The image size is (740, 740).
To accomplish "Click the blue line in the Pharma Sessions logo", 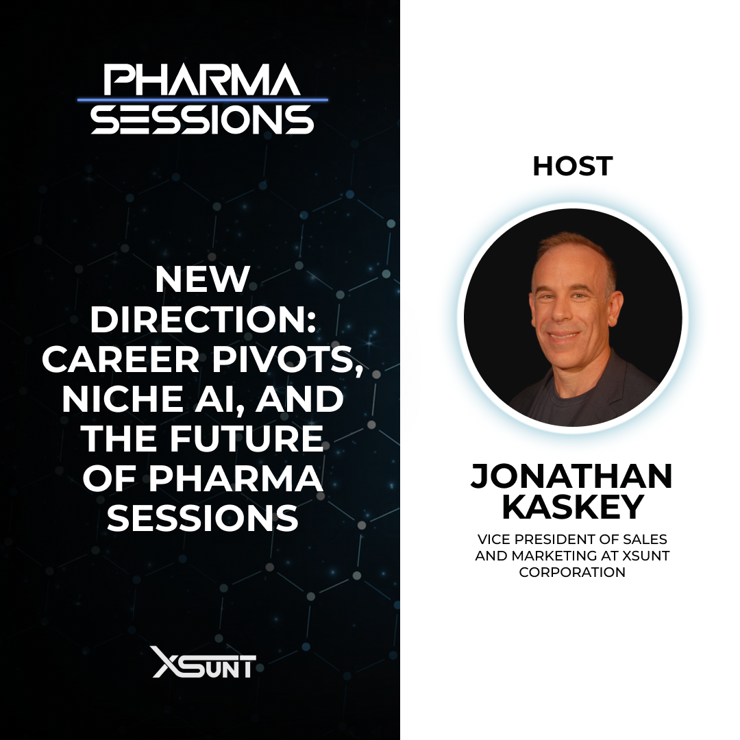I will tap(202, 99).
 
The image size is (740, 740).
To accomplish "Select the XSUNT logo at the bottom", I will tap(203, 662).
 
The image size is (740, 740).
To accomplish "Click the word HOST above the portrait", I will tap(572, 166).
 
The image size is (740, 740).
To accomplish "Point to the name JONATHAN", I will tap(571, 477).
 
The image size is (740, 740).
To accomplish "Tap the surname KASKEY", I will tap(571, 507).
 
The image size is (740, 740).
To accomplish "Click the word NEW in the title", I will tap(202, 279).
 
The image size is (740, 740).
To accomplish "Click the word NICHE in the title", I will tap(117, 399).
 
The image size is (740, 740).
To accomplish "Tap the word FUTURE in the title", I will tap(249, 439).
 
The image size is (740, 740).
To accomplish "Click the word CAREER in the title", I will tap(120, 359).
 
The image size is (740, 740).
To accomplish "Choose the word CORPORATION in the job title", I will tap(572, 571).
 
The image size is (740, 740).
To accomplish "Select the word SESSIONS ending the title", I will tap(202, 518).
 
